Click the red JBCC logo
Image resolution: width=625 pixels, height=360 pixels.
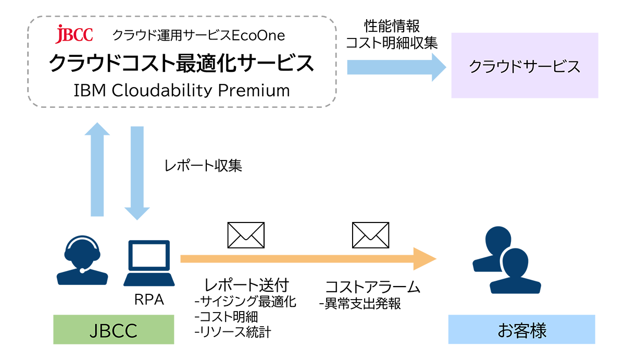74,34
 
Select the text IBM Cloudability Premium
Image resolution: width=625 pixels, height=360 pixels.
181,90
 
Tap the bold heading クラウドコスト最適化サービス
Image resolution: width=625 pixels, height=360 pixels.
181,63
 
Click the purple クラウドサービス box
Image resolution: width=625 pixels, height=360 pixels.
524,66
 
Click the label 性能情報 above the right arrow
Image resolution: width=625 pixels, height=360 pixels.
391,26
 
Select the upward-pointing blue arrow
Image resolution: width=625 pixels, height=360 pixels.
97,170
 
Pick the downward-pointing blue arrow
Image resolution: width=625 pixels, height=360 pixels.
137,172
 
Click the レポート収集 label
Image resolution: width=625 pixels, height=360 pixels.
203,166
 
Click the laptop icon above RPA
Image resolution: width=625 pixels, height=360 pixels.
149,263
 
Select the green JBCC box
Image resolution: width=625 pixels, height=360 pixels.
114,329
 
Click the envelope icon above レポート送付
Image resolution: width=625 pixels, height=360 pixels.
246,235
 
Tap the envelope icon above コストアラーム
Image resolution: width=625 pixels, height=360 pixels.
370,235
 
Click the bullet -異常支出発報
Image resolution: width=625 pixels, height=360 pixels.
360,304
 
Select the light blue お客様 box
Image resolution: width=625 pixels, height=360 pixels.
521,329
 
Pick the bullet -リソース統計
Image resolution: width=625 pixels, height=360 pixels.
232,332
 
